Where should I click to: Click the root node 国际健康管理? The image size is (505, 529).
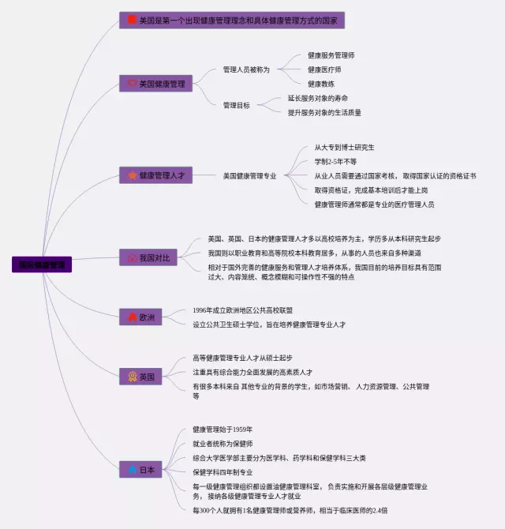43,265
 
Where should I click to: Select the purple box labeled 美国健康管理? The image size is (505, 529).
155,84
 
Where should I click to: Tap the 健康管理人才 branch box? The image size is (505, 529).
155,175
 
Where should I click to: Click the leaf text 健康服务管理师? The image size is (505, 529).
331,56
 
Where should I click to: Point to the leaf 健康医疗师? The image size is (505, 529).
324,69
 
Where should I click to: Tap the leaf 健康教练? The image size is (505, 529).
321,84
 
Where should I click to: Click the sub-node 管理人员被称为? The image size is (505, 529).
246,69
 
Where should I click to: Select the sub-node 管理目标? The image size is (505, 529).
236,105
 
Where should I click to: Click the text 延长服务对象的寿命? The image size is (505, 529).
318,99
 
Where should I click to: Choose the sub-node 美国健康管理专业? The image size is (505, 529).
249,175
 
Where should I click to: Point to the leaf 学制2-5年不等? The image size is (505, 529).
336,161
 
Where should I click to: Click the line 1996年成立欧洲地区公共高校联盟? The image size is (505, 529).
243,310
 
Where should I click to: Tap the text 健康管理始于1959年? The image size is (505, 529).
223,430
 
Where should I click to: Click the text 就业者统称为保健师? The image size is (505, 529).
223,444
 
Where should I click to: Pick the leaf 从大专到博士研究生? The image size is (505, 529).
344,147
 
